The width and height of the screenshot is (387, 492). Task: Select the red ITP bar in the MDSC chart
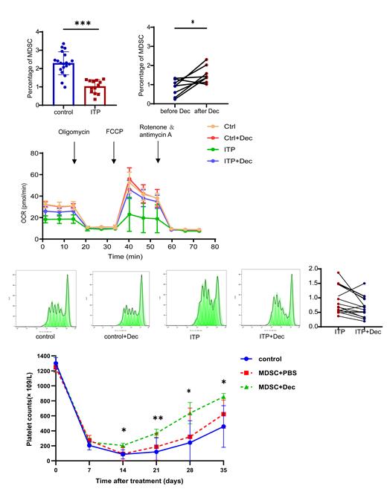tap(94, 97)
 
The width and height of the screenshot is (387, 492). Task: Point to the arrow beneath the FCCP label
tap(114, 154)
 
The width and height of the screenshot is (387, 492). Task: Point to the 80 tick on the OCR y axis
tap(35, 153)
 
